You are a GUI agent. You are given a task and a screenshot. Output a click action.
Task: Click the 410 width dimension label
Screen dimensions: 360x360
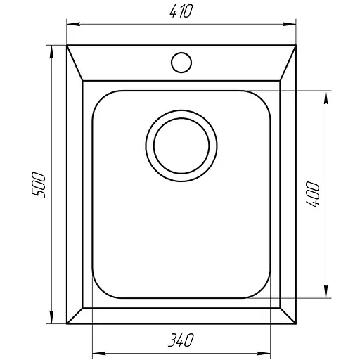pyautogui.click(x=180, y=12)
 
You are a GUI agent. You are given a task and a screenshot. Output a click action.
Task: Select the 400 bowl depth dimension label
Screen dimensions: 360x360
pyautogui.click(x=314, y=194)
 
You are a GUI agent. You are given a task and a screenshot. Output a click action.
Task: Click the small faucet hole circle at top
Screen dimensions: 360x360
pyautogui.click(x=181, y=61)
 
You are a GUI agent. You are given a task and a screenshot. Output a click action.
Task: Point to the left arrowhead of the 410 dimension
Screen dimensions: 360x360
pyautogui.click(x=70, y=25)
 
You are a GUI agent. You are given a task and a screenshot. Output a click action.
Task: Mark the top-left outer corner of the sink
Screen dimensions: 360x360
pyautogui.click(x=67, y=46)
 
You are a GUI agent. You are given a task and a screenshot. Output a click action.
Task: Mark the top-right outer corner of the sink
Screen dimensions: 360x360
pyautogui.click(x=295, y=46)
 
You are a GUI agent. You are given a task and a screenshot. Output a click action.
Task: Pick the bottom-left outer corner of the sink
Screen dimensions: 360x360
pyautogui.click(x=67, y=324)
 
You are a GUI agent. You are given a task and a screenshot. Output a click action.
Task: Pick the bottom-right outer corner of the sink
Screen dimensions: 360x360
pyautogui.click(x=295, y=324)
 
